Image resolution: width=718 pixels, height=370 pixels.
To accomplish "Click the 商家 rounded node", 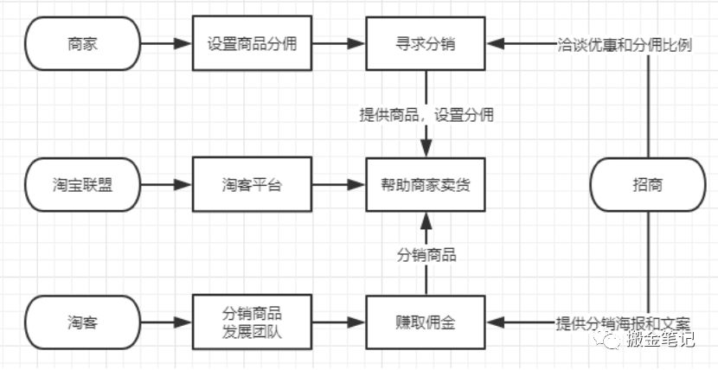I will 82,43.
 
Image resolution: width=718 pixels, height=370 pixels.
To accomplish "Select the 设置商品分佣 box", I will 252,43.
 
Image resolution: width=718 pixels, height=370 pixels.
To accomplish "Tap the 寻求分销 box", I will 426,43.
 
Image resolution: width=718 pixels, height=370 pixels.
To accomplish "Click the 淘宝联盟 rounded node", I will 82,184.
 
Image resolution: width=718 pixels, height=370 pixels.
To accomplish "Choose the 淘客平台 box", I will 252,184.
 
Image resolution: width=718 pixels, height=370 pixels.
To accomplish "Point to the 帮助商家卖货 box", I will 426,184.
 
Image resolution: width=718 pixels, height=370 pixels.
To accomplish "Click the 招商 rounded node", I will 648,184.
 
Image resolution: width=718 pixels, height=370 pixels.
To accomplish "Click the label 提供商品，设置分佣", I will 426,114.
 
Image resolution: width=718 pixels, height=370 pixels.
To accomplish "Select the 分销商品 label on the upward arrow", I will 426,255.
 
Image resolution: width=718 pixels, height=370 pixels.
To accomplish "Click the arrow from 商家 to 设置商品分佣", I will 165,43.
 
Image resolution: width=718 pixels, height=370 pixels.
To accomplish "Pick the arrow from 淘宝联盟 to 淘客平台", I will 165,184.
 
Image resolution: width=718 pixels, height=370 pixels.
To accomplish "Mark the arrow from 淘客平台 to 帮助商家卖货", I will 338,184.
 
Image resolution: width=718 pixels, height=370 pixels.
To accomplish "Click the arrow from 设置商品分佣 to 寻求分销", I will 338,43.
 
